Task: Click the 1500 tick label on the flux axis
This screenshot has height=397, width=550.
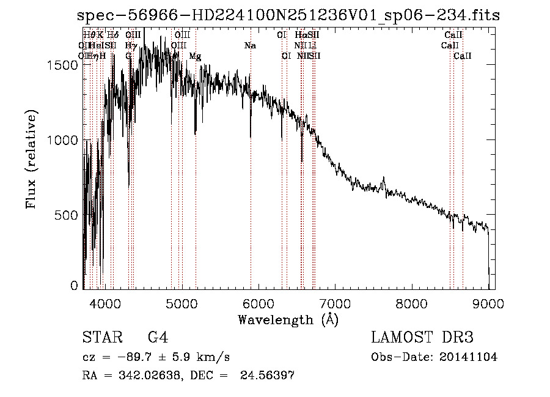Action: (x=62, y=65)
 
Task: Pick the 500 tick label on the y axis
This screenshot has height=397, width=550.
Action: (x=66, y=215)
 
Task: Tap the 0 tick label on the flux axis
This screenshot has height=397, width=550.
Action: (x=75, y=286)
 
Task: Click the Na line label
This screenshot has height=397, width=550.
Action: (x=249, y=46)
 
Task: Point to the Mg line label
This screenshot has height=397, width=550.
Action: (x=195, y=56)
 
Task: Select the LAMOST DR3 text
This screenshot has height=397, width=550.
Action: (x=422, y=338)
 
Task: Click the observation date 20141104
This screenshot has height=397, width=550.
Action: (x=469, y=357)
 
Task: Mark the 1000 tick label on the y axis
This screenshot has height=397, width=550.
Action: (x=62, y=140)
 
